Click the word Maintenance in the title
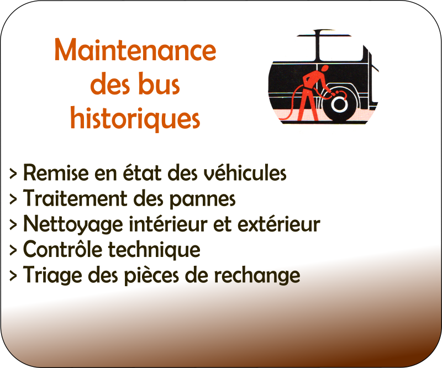click(135, 50)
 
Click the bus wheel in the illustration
click(340, 104)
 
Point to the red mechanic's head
click(325, 69)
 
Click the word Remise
click(56, 172)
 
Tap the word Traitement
click(75, 198)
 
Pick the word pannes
click(202, 199)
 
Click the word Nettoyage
click(73, 224)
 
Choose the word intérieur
click(169, 224)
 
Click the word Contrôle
click(62, 249)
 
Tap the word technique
click(154, 250)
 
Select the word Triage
click(52, 275)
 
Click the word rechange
click(257, 275)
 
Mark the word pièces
click(151, 275)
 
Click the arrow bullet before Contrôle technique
click(13, 250)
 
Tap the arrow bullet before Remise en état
click(13, 174)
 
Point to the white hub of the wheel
click(339, 104)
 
